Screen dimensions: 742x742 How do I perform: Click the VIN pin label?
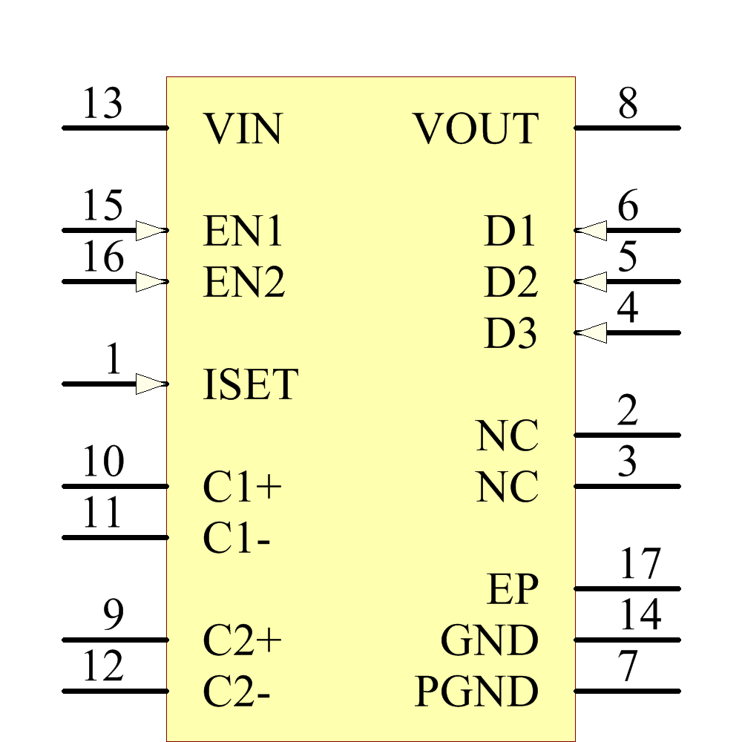(243, 129)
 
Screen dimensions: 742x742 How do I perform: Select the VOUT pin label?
(476, 129)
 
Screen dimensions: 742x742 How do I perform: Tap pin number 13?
(102, 104)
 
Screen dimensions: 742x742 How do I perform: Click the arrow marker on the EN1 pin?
(151, 231)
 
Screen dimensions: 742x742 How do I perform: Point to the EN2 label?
(243, 283)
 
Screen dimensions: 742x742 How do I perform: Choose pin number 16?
(102, 257)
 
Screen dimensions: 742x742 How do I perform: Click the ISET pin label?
(250, 385)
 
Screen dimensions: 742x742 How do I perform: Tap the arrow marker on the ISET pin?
(151, 384)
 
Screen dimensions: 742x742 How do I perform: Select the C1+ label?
(243, 487)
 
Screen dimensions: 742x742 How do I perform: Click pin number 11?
(102, 513)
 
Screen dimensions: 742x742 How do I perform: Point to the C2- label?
(237, 692)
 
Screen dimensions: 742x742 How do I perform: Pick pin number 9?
(113, 616)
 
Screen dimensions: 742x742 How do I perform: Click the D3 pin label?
(510, 334)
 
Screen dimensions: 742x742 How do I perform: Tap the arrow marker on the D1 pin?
(591, 231)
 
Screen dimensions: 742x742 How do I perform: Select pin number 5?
(628, 257)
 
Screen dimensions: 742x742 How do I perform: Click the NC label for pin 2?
(508, 436)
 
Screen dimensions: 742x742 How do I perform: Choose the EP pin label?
(513, 590)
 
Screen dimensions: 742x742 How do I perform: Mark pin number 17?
(640, 565)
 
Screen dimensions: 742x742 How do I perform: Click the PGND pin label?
(476, 692)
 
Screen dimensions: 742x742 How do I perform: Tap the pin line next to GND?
(627, 640)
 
